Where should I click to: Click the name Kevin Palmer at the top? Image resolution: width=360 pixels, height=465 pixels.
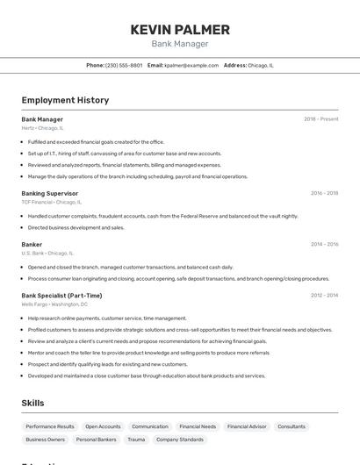180,30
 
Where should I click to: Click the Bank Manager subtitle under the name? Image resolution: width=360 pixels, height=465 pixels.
180,44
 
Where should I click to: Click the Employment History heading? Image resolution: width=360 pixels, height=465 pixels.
65,100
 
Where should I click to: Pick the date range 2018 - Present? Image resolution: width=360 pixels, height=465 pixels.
321,119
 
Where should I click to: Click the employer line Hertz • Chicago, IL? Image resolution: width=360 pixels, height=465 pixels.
42,128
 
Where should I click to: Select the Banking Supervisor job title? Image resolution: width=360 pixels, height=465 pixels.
50,193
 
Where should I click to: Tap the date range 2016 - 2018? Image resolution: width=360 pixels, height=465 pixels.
324,193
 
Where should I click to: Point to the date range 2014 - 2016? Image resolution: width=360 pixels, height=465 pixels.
324,245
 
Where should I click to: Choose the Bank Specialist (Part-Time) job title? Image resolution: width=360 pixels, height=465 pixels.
61,296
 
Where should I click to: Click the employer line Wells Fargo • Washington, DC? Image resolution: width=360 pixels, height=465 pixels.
54,304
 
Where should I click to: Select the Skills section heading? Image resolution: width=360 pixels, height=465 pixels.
33,403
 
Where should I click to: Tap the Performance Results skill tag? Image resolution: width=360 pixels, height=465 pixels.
50,426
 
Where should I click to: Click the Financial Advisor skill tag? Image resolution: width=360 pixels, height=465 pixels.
247,426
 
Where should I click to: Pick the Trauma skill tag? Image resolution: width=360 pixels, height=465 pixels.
136,440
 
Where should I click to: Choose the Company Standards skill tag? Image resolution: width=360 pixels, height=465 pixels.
179,440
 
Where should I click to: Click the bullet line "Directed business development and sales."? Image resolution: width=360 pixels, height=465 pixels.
76,227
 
